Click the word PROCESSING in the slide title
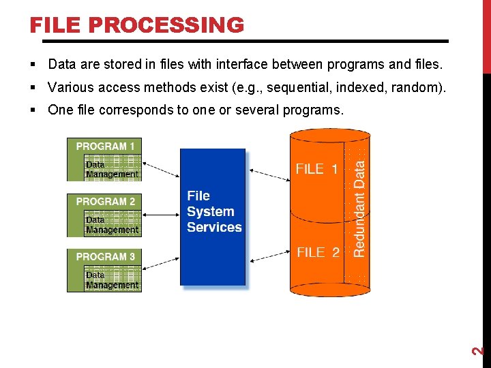(x=166, y=25)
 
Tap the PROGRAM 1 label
(x=105, y=146)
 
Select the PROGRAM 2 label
(x=105, y=201)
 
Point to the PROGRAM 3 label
(x=105, y=256)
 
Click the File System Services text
(x=213, y=212)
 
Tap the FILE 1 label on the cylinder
(x=316, y=169)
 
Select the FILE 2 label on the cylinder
(x=318, y=252)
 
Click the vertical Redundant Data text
(x=359, y=209)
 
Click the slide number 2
(x=479, y=351)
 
